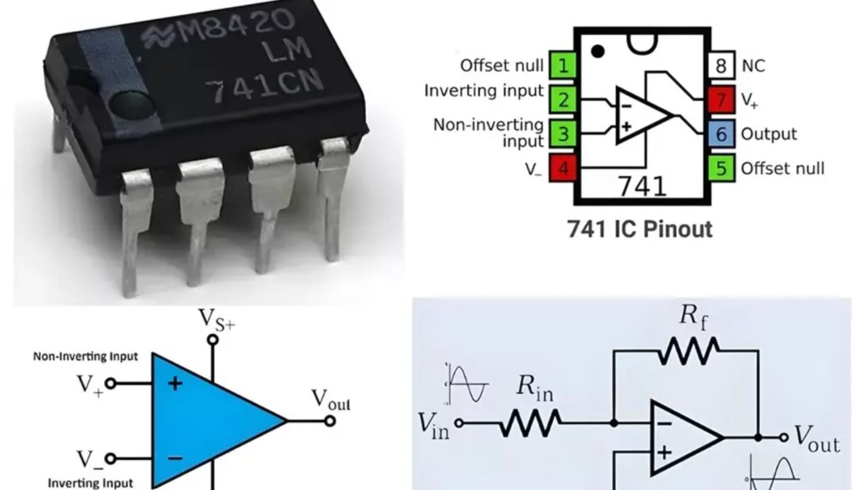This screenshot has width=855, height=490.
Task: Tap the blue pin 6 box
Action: (x=722, y=134)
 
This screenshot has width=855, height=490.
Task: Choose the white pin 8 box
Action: (x=722, y=65)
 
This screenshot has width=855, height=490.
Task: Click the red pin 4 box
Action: (x=561, y=168)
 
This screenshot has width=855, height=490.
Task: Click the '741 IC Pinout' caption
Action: (x=640, y=229)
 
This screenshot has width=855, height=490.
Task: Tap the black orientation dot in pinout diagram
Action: (x=597, y=52)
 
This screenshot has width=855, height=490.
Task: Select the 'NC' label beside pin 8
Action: (x=753, y=65)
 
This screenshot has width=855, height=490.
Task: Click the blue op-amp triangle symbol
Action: (x=209, y=418)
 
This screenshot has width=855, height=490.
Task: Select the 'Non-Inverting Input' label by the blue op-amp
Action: (x=86, y=356)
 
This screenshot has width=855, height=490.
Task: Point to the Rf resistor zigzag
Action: (x=688, y=354)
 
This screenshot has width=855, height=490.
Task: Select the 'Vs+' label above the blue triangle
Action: (x=217, y=320)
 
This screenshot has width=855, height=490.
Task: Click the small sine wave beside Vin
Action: (x=464, y=383)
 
